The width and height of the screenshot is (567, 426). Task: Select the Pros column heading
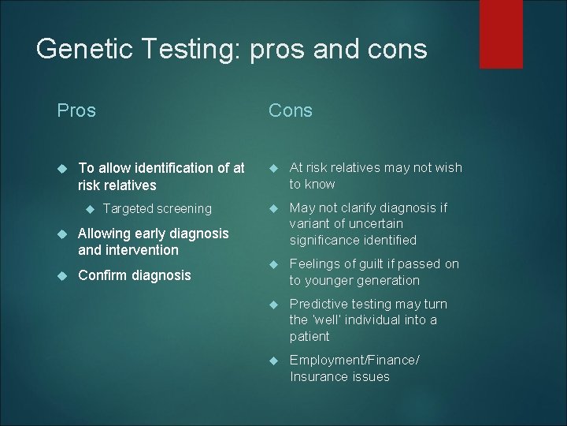76,110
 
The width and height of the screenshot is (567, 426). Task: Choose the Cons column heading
291,110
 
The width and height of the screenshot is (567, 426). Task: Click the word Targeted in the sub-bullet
128,208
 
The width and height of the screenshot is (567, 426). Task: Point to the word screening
183,209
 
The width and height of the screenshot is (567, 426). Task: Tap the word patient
310,336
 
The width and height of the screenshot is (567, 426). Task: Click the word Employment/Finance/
354,360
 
